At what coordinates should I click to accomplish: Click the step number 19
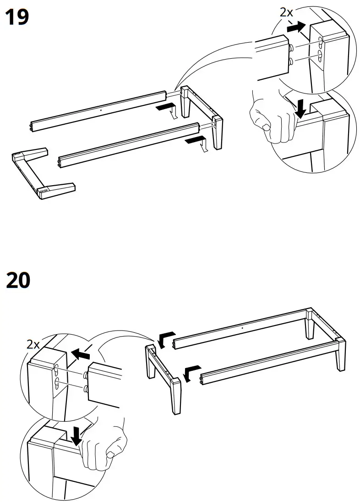17,17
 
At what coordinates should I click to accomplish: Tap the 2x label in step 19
286,12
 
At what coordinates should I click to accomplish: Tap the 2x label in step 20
33,344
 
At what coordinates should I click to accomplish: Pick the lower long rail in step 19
128,142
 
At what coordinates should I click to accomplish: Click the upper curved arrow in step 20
165,338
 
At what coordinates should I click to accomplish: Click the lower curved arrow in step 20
191,372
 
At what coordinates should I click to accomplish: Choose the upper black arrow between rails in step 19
164,107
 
